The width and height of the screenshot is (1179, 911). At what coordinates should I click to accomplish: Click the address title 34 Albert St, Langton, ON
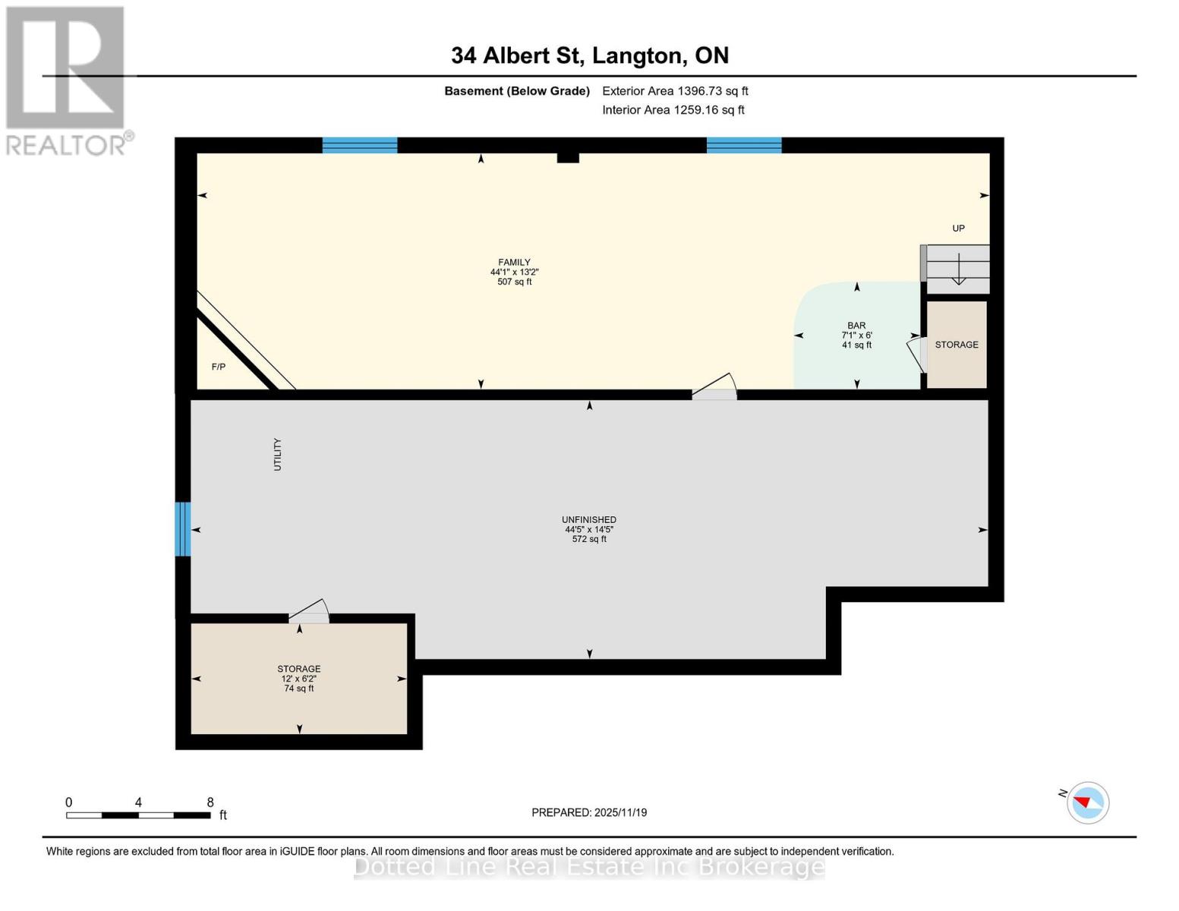coord(589,55)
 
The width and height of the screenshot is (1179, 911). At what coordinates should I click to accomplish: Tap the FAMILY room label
coord(514,263)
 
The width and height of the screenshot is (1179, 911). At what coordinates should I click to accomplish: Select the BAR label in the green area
coord(856,326)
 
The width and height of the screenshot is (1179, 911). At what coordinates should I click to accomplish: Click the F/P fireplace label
coord(219,367)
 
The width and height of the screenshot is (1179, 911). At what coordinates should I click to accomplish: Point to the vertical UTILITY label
coord(277,454)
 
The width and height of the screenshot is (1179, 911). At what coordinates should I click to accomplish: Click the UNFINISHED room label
coord(589,520)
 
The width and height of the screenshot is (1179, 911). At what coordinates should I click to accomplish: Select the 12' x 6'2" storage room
coord(298,678)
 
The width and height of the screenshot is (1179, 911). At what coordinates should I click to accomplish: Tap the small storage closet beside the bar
coord(957,345)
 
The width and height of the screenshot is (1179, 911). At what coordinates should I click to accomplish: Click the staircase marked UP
coord(958,269)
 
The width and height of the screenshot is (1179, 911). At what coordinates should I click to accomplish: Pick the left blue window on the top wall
coord(360,145)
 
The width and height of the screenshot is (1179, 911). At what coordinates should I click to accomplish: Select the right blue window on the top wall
coord(744,145)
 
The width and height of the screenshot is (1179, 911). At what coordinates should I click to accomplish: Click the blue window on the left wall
coord(182,529)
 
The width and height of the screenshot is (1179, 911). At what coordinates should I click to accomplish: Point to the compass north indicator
coord(1087,802)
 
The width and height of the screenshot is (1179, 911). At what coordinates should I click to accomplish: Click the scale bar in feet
coord(138,815)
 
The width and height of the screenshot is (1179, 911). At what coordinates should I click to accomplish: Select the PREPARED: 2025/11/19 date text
coord(589,812)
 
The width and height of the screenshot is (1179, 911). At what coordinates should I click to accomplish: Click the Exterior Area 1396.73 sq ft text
coord(675,91)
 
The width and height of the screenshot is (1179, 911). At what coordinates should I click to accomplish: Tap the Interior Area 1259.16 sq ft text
coord(673,110)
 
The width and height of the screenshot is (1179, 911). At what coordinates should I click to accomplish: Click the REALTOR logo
coord(66,80)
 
